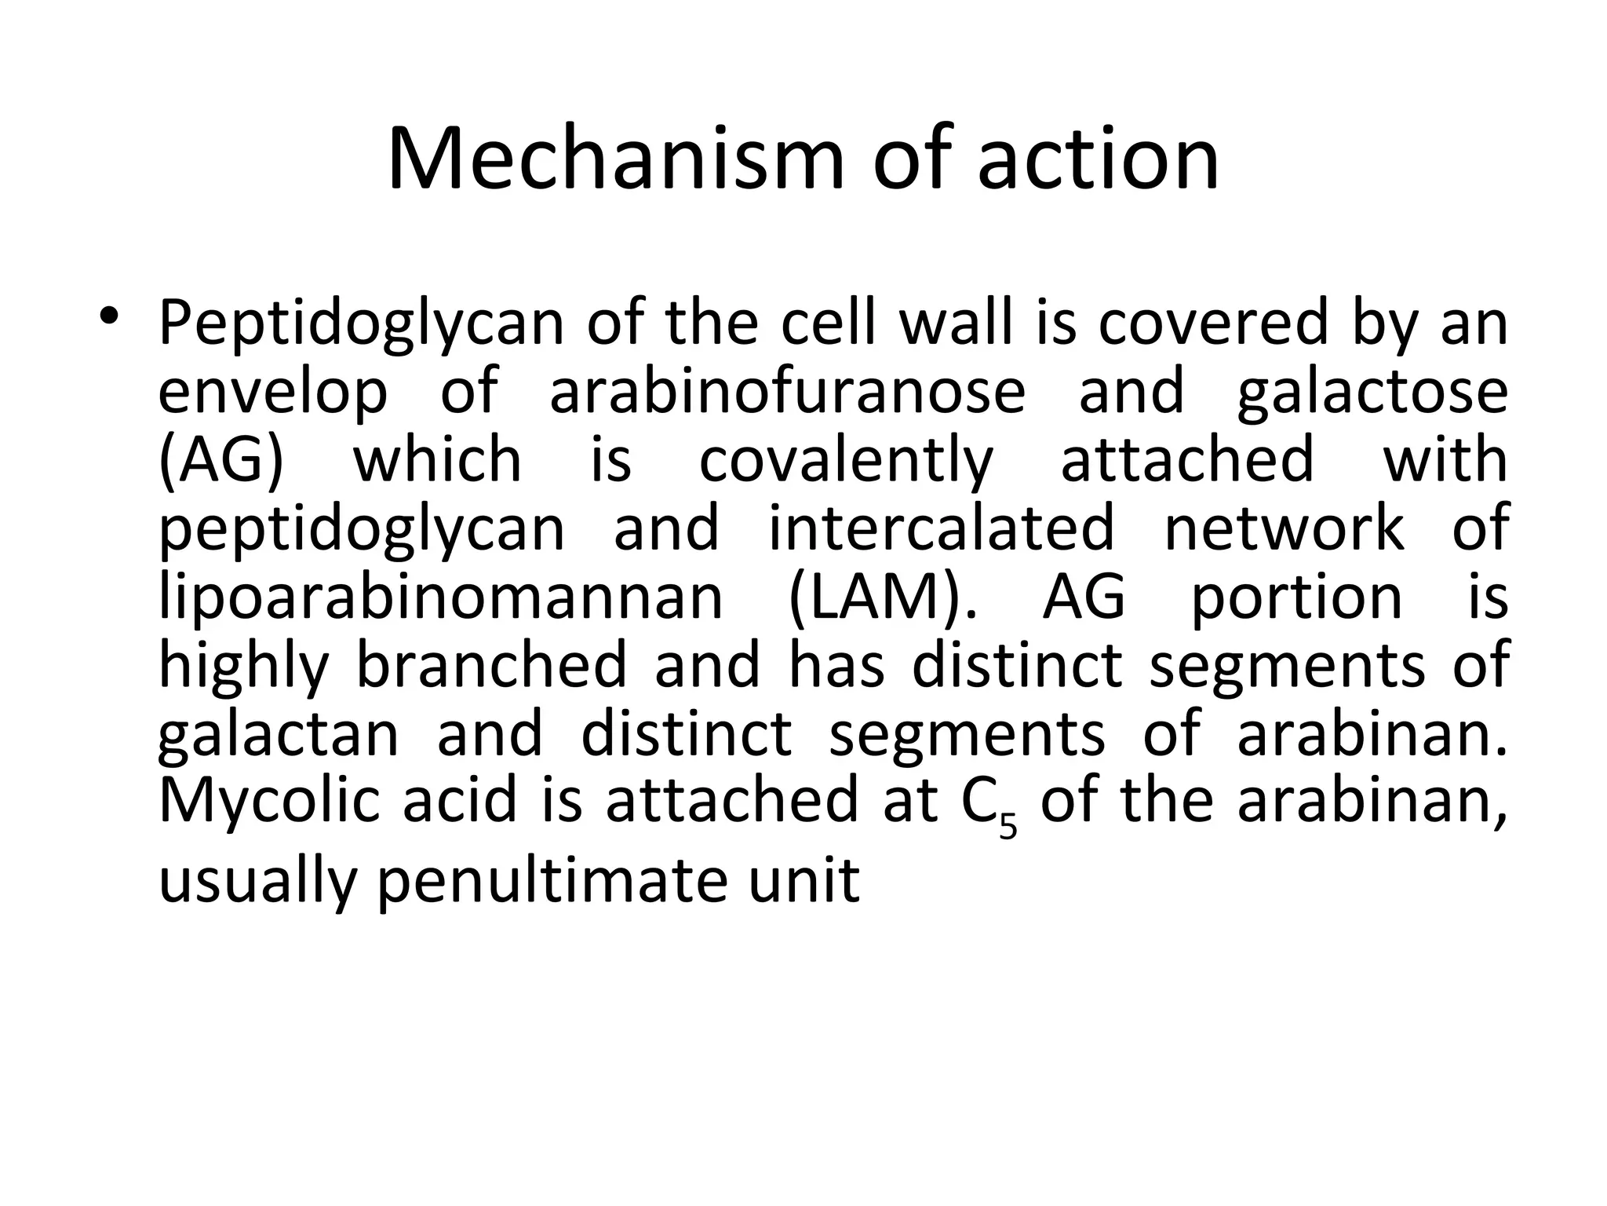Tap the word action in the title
coord(1099,159)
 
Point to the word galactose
coord(1372,393)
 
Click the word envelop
coord(273,393)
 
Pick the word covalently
coord(846,461)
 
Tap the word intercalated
coord(941,528)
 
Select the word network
coord(1284,528)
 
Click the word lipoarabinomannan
coord(440,597)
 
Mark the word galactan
coord(279,735)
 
